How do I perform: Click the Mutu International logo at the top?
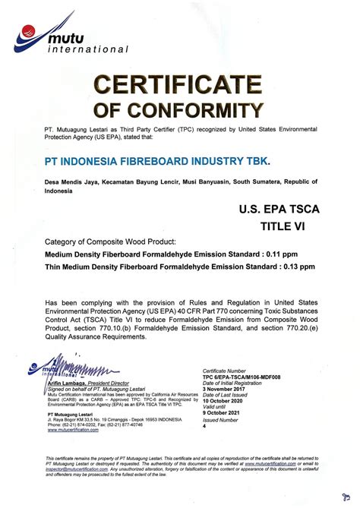click(x=72, y=34)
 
